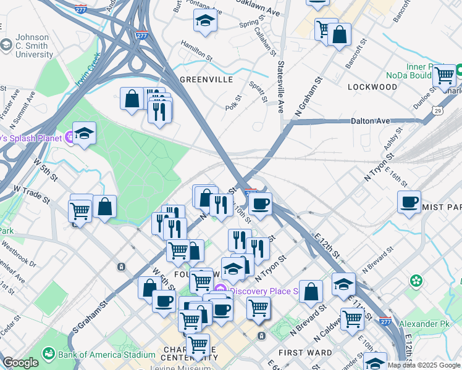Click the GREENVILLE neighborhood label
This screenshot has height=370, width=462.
[206, 80]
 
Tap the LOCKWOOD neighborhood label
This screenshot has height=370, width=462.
[372, 87]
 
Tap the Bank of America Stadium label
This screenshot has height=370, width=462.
[107, 355]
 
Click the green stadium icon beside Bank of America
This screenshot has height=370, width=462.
[48, 355]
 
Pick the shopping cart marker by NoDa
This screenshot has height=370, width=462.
[445, 75]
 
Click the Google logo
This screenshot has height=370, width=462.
[20, 363]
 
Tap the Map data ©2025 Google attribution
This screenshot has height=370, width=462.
[424, 365]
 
